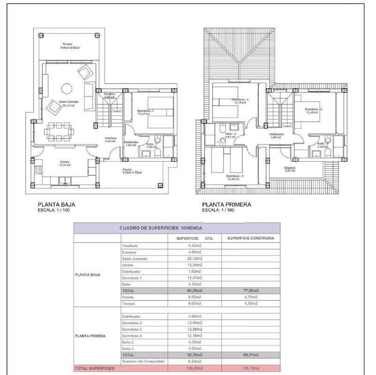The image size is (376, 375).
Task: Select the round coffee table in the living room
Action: pyautogui.click(x=66, y=88)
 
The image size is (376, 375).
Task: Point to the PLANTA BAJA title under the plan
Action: pyautogui.click(x=56, y=204)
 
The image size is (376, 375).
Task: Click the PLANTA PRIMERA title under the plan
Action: pyautogui.click(x=227, y=204)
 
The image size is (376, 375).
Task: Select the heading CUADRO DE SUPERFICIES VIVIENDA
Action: pyautogui.click(x=161, y=227)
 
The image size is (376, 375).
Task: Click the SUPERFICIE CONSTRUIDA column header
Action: pyautogui.click(x=251, y=238)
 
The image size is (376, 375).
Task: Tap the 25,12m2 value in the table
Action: pyautogui.click(x=195, y=258)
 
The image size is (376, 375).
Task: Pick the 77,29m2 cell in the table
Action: pyautogui.click(x=251, y=291)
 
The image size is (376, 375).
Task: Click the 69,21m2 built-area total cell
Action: pyautogui.click(x=251, y=355)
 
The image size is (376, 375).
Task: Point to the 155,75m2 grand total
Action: pyautogui.click(x=251, y=368)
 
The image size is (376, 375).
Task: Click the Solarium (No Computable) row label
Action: pyautogui.click(x=143, y=362)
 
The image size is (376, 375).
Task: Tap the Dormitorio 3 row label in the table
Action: pyautogui.click(x=132, y=329)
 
